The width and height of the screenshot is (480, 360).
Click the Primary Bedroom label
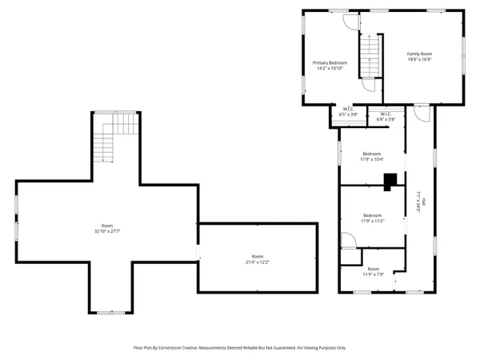(x=330, y=62)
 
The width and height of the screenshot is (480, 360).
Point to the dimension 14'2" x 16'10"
(x=330, y=69)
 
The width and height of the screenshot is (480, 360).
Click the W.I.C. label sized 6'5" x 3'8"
(x=349, y=109)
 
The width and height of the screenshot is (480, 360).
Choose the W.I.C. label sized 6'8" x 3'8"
(x=386, y=114)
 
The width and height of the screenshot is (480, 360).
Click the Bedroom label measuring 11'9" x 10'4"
(x=372, y=154)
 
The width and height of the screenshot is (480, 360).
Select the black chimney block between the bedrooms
(x=390, y=183)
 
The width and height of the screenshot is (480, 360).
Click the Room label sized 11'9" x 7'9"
(x=374, y=270)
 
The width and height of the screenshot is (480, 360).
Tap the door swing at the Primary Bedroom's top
(x=351, y=20)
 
